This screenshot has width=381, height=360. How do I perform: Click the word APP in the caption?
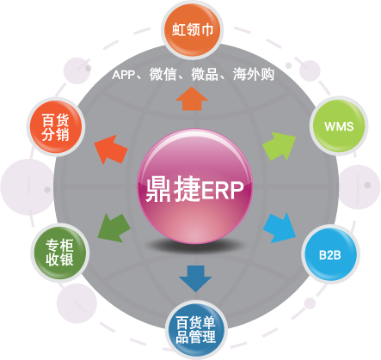coord(124,75)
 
